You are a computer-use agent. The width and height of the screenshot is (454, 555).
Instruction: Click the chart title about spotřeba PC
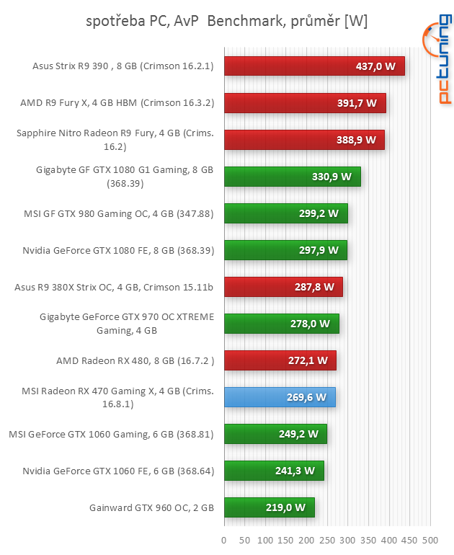226,21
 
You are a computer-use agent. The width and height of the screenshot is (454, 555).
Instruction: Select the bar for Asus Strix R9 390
314,66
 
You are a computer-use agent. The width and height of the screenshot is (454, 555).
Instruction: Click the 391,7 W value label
357,103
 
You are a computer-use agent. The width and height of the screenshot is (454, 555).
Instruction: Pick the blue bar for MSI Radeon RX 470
280,397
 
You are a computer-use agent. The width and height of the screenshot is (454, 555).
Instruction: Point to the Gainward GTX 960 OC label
151,507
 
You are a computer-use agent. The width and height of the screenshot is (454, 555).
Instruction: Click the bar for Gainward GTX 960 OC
270,507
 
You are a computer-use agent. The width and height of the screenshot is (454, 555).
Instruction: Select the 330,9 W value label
331,177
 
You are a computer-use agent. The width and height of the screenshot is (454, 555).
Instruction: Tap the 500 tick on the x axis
430,540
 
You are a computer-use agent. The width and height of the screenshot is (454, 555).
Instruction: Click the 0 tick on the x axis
224,540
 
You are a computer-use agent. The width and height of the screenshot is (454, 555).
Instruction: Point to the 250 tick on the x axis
327,540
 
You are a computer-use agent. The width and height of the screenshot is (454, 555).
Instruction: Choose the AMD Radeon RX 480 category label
135,360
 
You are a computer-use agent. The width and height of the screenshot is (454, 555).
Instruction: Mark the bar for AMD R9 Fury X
305,103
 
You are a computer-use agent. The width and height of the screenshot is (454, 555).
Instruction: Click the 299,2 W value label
319,213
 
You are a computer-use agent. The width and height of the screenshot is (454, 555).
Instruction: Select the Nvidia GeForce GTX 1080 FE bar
285,250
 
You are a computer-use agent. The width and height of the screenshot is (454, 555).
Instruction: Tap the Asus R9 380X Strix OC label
114,287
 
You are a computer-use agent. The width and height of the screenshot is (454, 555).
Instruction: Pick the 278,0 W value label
310,324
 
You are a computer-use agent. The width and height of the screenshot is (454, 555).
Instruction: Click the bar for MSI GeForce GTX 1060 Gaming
275,434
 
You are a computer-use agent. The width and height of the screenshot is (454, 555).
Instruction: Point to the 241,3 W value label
295,471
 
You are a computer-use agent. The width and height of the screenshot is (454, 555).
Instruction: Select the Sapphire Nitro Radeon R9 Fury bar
304,140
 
